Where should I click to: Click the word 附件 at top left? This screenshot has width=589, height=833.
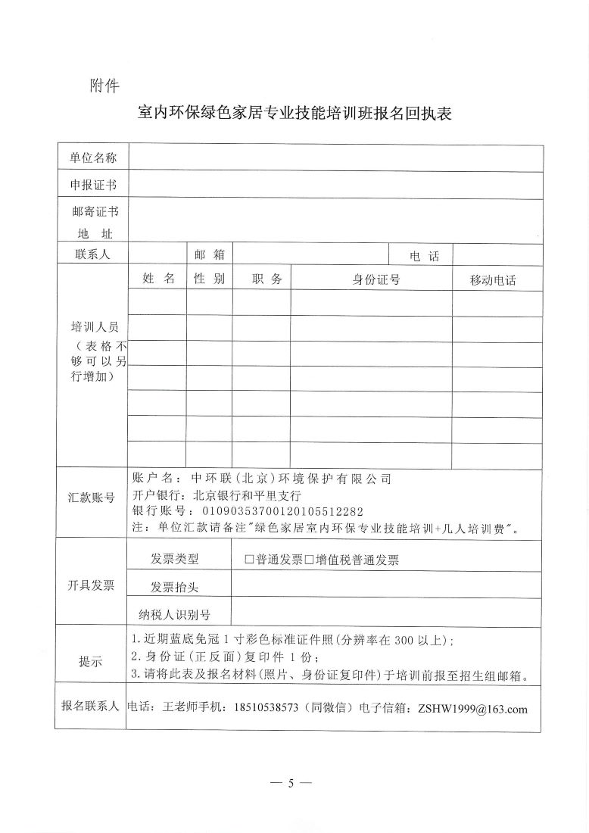(x=104, y=86)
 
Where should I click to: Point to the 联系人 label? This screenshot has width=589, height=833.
(x=92, y=254)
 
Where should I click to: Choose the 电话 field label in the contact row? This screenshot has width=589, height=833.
(x=424, y=256)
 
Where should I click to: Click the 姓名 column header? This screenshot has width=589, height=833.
(x=158, y=279)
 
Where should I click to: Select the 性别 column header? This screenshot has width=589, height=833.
(x=209, y=279)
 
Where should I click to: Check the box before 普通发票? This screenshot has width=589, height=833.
(x=249, y=560)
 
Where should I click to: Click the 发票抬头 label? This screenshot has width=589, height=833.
(x=174, y=587)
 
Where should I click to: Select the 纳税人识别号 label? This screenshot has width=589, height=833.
(x=174, y=614)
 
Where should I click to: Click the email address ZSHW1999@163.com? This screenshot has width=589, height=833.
(x=467, y=709)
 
